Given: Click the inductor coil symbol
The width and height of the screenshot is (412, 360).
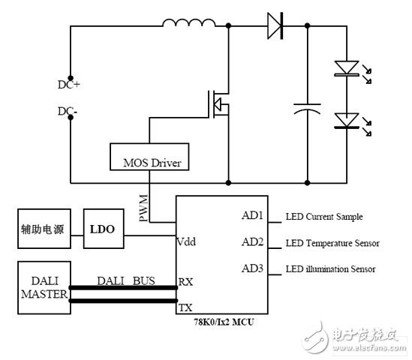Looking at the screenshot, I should (x=188, y=25).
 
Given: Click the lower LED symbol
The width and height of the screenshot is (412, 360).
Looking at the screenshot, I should (x=347, y=120).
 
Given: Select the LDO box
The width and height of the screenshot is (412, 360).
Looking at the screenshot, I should (x=100, y=229).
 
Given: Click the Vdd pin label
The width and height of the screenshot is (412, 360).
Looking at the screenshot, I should (x=187, y=241).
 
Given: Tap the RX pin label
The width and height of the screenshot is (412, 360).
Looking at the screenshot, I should (x=185, y=282).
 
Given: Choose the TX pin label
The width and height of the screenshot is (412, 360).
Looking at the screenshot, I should (x=185, y=307).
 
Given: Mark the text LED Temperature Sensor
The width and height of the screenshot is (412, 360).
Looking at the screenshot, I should (x=332, y=243).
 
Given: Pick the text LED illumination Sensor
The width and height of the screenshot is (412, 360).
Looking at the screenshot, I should (x=331, y=268).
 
